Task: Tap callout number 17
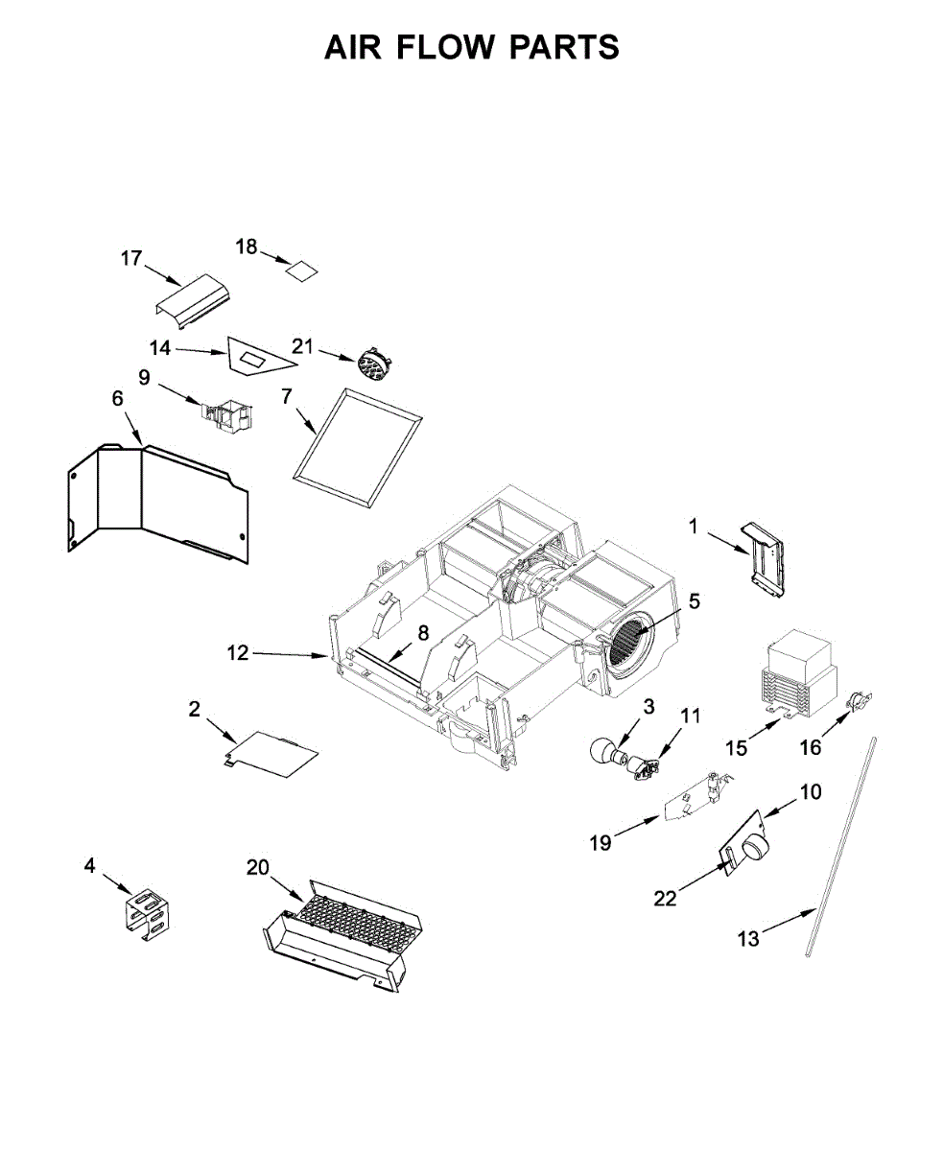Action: (131, 258)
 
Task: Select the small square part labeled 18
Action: (303, 270)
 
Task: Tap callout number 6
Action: (117, 398)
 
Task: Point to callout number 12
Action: (238, 653)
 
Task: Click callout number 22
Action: (665, 899)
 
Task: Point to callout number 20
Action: (257, 867)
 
